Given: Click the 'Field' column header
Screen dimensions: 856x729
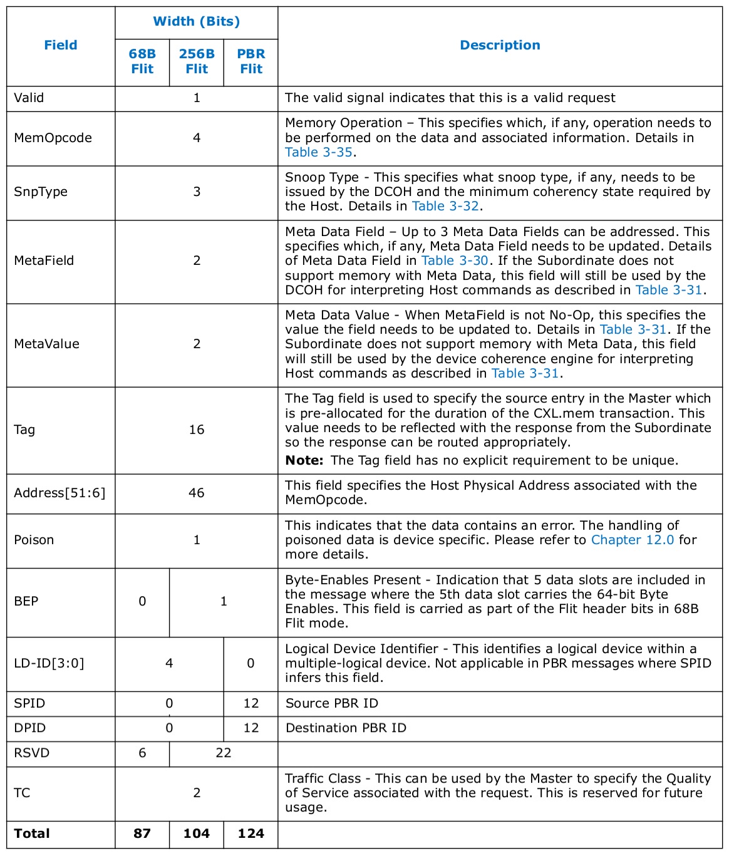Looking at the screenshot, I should pyautogui.click(x=61, y=45).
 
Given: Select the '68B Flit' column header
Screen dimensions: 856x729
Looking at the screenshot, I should pyautogui.click(x=142, y=61).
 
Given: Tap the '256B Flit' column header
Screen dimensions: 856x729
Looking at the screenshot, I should pyautogui.click(x=197, y=61).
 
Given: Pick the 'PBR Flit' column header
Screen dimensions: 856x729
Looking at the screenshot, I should pyautogui.click(x=251, y=61).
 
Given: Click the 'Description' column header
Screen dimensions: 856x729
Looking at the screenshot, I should pyautogui.click(x=500, y=45).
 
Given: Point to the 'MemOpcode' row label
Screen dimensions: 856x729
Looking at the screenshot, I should pyautogui.click(x=53, y=138).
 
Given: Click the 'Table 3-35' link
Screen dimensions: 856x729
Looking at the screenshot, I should pyautogui.click(x=318, y=152).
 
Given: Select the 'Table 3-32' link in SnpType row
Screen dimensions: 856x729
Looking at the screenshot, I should pyautogui.click(x=445, y=206).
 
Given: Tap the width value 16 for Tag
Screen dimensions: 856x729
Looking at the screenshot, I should pyautogui.click(x=197, y=430).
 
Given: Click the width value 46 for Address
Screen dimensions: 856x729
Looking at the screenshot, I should pyautogui.click(x=197, y=493).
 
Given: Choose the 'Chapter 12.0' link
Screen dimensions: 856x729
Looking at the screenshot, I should pyautogui.click(x=633, y=540).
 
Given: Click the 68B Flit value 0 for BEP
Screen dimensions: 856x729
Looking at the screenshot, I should pyautogui.click(x=142, y=601).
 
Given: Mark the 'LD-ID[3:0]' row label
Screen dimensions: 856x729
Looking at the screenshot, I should pyautogui.click(x=49, y=663).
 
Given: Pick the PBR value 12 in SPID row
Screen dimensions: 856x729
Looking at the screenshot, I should pyautogui.click(x=251, y=703).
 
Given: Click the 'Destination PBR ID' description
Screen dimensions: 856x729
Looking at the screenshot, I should pyautogui.click(x=346, y=728).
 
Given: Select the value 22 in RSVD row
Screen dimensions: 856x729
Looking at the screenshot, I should pyautogui.click(x=224, y=753).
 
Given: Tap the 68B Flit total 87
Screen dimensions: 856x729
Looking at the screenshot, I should pyautogui.click(x=142, y=833).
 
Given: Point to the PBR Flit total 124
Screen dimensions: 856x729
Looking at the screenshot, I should pyautogui.click(x=251, y=833).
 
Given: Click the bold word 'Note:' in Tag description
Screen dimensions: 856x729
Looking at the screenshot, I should pyautogui.click(x=304, y=460).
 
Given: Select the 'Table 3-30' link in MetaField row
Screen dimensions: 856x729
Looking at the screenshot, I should pyautogui.click(x=455, y=260).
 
